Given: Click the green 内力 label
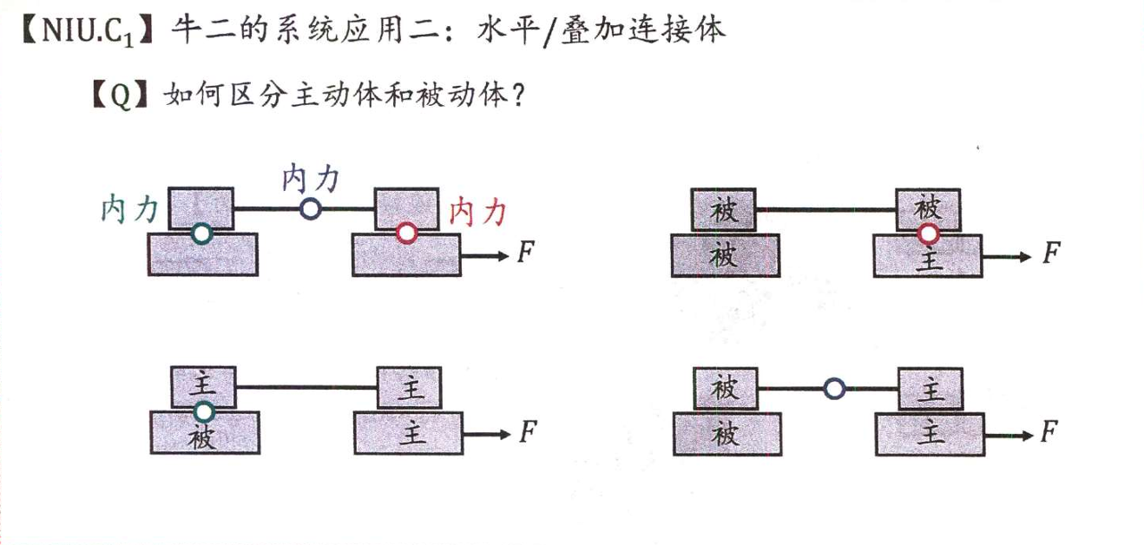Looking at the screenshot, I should (x=129, y=209).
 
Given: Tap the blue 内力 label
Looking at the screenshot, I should (x=310, y=181).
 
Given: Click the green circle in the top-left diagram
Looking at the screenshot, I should (x=201, y=233).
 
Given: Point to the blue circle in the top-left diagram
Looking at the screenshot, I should (x=310, y=208).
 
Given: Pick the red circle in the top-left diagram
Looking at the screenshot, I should (x=406, y=233).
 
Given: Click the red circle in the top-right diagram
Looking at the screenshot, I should (x=929, y=233).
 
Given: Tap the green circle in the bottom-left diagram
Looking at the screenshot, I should (x=203, y=410).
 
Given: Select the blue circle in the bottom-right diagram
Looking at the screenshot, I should (x=834, y=389).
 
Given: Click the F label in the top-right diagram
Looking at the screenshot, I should (x=1051, y=253).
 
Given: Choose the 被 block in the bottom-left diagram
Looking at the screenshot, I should (x=203, y=432).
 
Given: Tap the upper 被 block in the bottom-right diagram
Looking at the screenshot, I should (x=725, y=388).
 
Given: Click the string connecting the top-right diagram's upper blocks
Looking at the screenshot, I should (x=826, y=210).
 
